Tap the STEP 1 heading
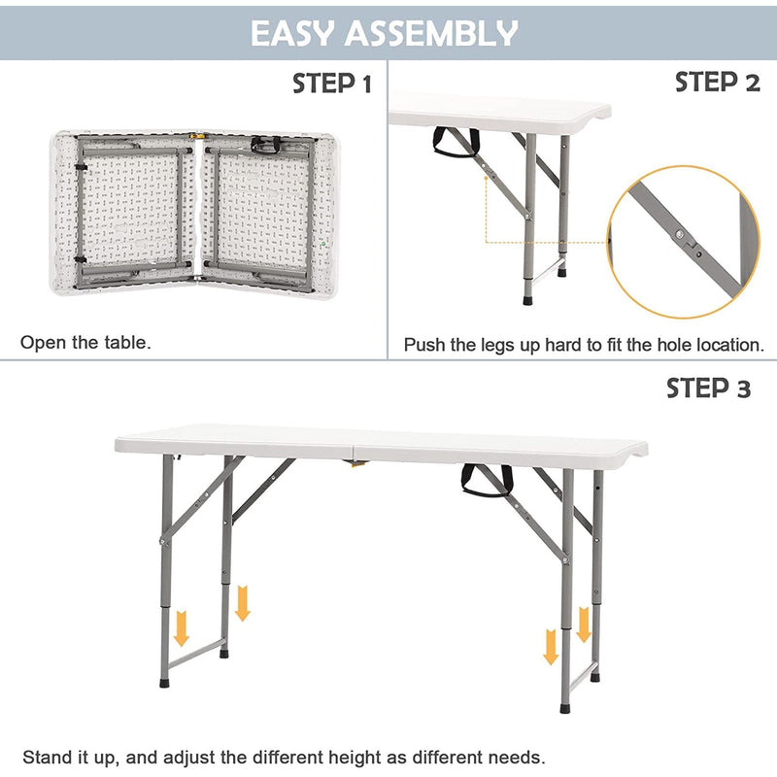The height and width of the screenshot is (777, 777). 332,85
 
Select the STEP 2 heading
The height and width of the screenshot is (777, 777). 717,83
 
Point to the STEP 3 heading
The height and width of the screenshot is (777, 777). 708,388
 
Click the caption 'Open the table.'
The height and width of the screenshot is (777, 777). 86,342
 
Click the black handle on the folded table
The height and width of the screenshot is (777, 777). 267,145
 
